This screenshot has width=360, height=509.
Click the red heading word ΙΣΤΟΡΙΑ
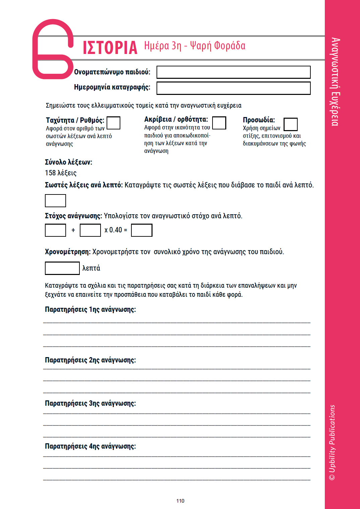coord(110,48)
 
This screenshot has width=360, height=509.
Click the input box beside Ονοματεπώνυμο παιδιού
coord(233,72)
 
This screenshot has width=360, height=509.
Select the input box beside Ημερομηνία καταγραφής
coord(233,88)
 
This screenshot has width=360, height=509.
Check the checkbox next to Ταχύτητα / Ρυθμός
coord(113,123)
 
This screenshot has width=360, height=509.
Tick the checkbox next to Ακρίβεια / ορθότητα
coord(219,123)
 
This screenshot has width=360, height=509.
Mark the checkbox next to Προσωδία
coord(290,124)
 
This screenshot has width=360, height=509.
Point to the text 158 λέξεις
coord(61,173)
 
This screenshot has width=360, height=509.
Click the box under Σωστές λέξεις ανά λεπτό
coord(55,201)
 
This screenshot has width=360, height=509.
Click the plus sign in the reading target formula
coord(73,230)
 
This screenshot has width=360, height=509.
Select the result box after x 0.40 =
coord(141,230)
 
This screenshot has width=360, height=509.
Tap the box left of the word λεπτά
coord(62,268)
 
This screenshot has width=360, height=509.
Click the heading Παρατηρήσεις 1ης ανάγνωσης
coord(91,309)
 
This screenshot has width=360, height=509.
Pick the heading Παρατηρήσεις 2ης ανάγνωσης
coord(91,360)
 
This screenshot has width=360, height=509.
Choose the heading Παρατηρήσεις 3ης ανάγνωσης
coord(91,403)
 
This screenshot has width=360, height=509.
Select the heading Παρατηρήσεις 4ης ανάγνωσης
coord(91,446)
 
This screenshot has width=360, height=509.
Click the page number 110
coord(180,501)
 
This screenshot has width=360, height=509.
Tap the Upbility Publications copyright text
coord(332,443)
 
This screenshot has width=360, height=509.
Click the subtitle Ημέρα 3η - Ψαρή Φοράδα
coord(195,46)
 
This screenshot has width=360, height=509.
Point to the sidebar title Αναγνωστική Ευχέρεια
coord(335,82)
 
